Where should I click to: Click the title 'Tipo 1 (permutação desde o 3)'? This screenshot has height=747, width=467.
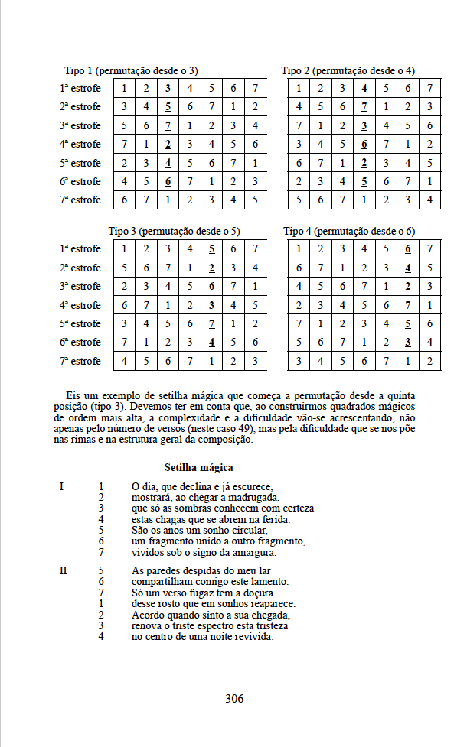131,70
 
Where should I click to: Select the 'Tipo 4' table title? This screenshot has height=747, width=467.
349,231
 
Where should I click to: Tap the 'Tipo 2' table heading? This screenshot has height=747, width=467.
348,70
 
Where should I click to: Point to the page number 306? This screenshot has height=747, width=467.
234,698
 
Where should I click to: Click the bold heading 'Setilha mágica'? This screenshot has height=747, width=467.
199,467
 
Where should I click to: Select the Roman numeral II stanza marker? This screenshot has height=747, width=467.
64,570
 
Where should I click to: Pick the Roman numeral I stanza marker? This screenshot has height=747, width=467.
61,486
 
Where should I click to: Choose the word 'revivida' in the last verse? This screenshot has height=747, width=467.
250,636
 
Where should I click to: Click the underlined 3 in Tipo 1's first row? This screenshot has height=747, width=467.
168,88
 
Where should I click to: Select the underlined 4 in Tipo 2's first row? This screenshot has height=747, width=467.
364,88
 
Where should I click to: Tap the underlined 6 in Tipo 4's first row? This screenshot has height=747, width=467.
409,248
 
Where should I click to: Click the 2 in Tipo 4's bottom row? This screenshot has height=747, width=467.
431,360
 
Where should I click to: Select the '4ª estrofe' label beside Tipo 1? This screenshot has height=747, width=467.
80,144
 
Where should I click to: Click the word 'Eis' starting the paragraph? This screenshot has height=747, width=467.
73,395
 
